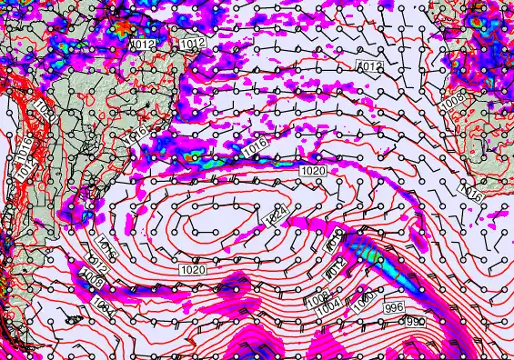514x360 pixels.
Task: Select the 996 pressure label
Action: (394, 307)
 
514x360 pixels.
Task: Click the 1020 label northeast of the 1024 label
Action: (312, 171)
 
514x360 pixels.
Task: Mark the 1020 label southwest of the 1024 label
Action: (192, 270)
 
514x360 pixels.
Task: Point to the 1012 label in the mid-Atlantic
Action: (368, 67)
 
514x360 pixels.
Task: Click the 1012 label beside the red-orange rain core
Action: (143, 44)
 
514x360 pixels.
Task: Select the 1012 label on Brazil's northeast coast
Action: (192, 44)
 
